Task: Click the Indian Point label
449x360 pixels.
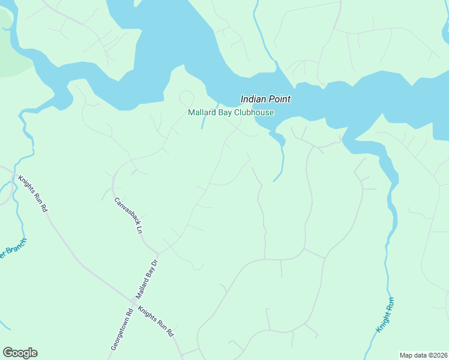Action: pos(265,99)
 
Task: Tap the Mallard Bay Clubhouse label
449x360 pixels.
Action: pos(231,112)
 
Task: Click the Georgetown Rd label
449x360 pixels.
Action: pos(121,329)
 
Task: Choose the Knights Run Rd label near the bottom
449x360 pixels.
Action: pos(155,321)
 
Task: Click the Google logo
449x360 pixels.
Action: pos(20,353)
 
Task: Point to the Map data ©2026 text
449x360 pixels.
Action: pos(423,355)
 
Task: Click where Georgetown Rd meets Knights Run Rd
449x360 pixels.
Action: pos(133,300)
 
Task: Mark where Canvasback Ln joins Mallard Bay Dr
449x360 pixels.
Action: pos(158,253)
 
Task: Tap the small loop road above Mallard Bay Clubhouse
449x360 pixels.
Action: pos(187,98)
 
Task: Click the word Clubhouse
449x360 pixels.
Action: pos(255,112)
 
